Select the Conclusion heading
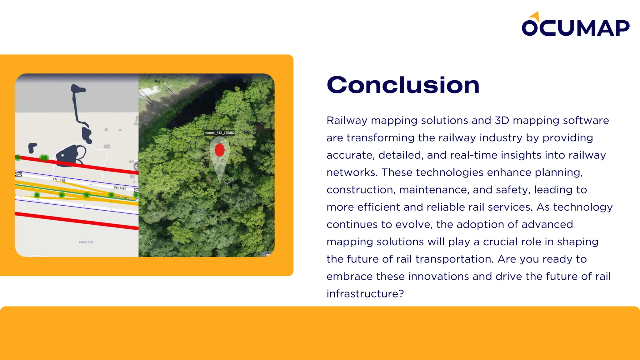click(403, 85)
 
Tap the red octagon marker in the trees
click(220, 150)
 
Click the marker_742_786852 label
click(219, 133)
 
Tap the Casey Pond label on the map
click(86, 242)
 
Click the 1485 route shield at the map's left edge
click(19, 174)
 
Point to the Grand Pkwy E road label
click(122, 197)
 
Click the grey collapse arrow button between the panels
click(136, 167)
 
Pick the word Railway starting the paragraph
click(347, 121)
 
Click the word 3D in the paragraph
click(502, 121)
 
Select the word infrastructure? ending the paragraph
click(365, 294)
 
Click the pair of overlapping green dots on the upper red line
click(44, 157)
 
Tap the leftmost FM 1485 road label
click(59, 180)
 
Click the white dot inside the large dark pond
click(62, 155)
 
